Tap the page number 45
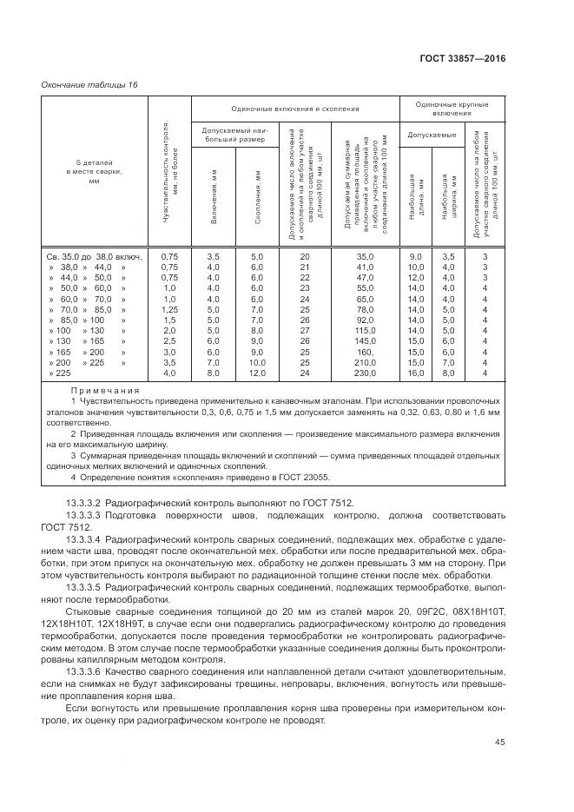tap(501, 741)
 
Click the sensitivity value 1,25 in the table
tap(169, 309)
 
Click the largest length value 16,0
tap(416, 373)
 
